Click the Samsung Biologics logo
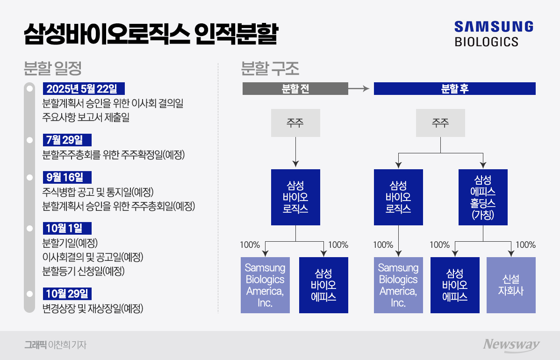pos(493,33)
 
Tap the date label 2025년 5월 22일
pos(84,89)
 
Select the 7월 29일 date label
pos(67,140)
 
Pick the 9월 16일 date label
pos(67,178)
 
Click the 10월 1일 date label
pos(67,228)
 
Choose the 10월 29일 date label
pos(67,294)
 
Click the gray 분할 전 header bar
pos(295,89)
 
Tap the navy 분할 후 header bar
pos(454,89)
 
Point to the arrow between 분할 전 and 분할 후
pos(360,89)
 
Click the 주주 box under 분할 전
pos(295,123)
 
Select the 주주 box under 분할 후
pos(440,123)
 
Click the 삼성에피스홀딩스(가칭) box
pos(483,197)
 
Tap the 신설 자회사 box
pos(511,285)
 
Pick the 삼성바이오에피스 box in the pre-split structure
pos(323,285)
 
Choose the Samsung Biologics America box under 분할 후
pos(398,285)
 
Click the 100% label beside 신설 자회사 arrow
pos(525,245)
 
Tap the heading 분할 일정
pos(53,69)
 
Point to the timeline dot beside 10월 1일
pos(30,228)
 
